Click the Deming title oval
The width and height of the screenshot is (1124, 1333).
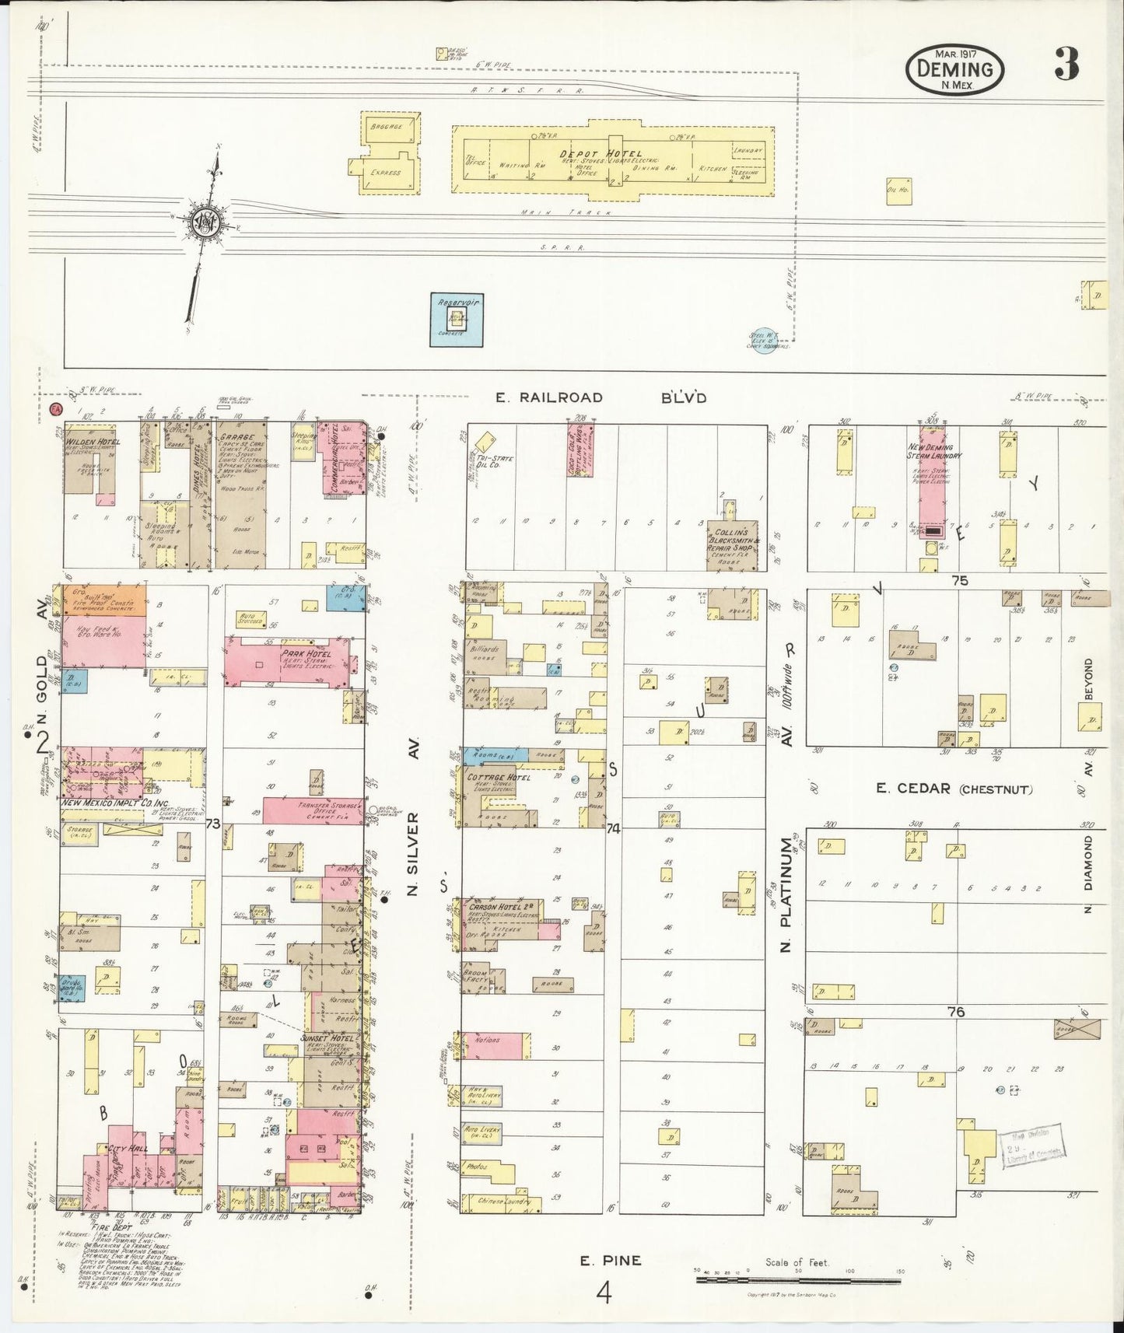(954, 70)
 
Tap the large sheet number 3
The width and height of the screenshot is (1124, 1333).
(1066, 65)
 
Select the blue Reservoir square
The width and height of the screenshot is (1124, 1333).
(457, 319)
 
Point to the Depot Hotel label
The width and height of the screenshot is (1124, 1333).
(596, 154)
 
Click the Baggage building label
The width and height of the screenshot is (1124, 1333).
(385, 126)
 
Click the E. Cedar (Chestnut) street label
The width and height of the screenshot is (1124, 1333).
(954, 789)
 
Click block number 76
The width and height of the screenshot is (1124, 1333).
(956, 1012)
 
